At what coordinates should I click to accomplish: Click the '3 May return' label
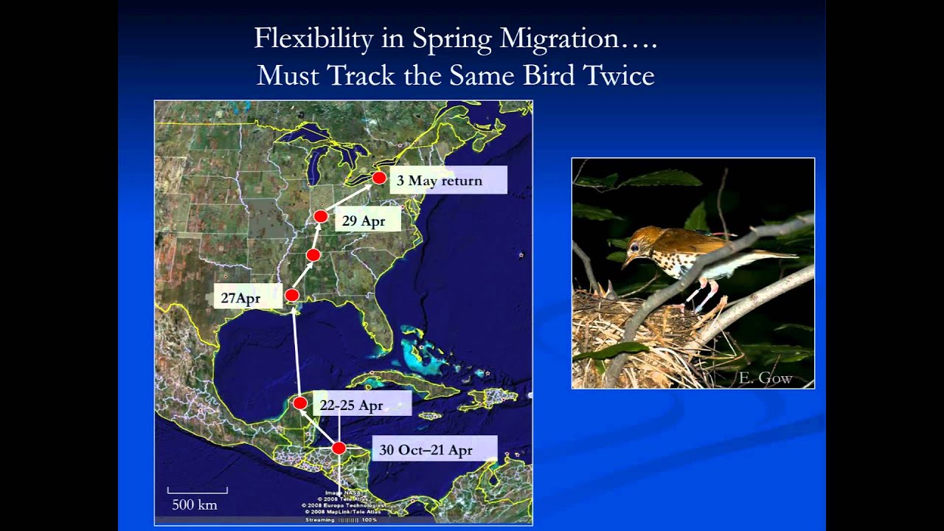448,181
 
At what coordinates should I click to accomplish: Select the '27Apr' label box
241,298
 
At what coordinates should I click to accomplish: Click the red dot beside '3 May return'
379,178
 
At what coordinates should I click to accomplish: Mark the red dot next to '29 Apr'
321,216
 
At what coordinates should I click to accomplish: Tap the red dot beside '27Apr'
292,296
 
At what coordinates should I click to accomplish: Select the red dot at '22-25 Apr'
300,403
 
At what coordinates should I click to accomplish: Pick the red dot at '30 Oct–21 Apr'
339,448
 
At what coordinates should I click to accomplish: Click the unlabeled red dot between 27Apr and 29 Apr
313,255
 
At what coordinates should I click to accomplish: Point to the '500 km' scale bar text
195,505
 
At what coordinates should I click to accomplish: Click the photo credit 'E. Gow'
765,378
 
